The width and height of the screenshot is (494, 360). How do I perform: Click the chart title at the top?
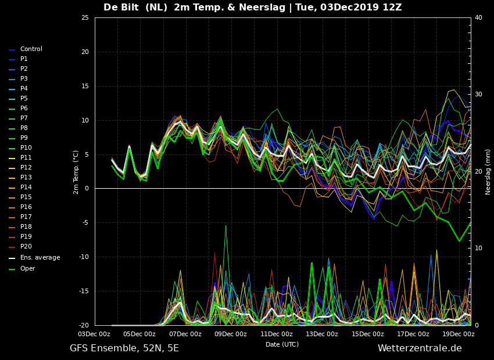tap(252, 8)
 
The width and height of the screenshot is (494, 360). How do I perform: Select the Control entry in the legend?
tap(31, 49)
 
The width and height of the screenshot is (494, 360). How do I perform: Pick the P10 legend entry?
tap(26, 148)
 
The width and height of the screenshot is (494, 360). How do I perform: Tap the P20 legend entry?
tap(26, 247)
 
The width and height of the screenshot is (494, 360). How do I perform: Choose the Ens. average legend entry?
tap(40, 258)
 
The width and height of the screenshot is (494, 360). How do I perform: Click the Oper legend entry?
tap(27, 269)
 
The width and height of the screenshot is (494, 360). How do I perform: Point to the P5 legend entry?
tap(24, 99)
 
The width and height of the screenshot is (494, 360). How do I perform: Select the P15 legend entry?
tap(26, 197)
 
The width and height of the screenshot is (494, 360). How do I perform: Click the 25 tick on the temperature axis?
tap(85, 18)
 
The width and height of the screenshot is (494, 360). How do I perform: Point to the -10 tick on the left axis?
tap(84, 257)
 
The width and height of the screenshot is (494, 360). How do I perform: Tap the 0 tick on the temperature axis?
tap(87, 189)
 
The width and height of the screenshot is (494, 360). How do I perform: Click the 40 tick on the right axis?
tap(478, 18)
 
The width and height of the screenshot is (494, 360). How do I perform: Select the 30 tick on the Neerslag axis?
tap(478, 95)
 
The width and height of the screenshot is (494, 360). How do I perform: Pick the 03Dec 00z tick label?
tap(94, 334)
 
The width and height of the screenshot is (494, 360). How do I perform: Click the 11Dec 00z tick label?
tap(277, 334)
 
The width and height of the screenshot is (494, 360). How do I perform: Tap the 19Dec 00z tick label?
tap(459, 334)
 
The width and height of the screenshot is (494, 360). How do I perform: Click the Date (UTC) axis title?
tap(282, 344)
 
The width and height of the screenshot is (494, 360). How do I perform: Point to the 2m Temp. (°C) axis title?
tap(76, 172)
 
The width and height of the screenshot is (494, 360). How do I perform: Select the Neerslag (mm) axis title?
tap(488, 172)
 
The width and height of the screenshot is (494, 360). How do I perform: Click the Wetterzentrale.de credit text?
tap(420, 348)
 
